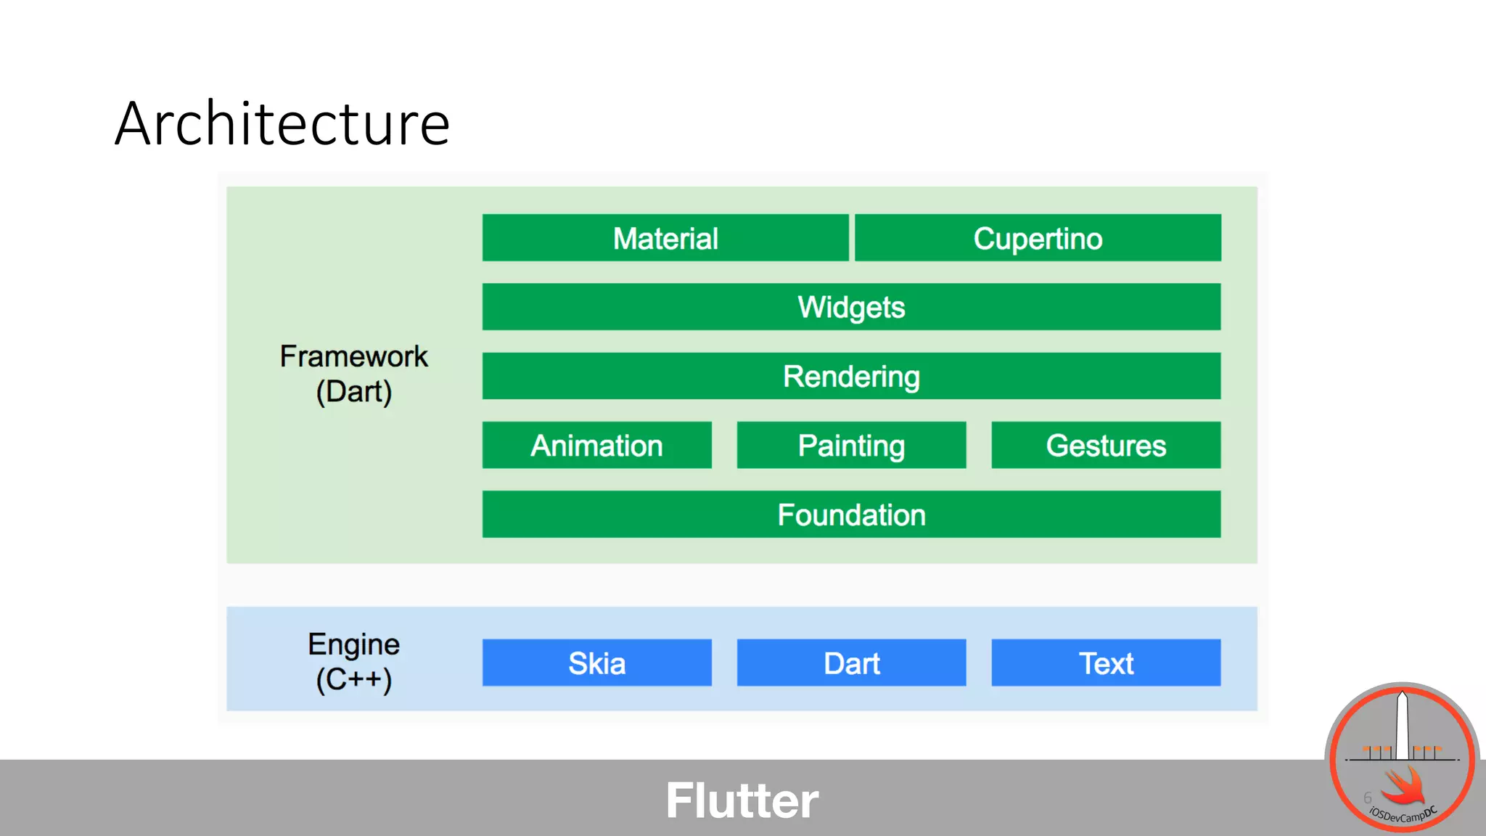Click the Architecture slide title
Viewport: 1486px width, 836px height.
pyautogui.click(x=282, y=124)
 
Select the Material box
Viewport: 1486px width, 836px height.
pyautogui.click(x=665, y=238)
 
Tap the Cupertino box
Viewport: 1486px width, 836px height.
pyautogui.click(x=1038, y=238)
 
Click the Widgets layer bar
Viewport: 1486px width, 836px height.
pyautogui.click(x=851, y=307)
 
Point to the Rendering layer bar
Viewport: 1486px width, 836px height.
pyautogui.click(x=851, y=376)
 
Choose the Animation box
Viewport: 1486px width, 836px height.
pyautogui.click(x=596, y=445)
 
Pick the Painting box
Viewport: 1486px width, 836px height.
pyautogui.click(x=851, y=445)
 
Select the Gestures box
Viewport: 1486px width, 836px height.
pyautogui.click(x=1106, y=445)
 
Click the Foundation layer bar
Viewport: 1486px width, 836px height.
pyautogui.click(x=851, y=515)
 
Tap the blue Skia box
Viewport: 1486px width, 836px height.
pyautogui.click(x=596, y=663)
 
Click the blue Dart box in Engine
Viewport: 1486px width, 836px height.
pyautogui.click(x=851, y=663)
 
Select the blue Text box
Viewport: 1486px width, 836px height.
pyautogui.click(x=1106, y=663)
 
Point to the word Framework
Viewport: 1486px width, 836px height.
pyautogui.click(x=353, y=356)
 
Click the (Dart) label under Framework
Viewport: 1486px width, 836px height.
pyautogui.click(x=353, y=392)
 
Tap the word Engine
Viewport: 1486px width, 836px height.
pyautogui.click(x=353, y=644)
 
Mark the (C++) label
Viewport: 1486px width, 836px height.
pyautogui.click(x=353, y=680)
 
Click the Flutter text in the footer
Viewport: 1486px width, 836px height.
pyautogui.click(x=742, y=800)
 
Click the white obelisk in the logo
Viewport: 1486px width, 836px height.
pyautogui.click(x=1403, y=726)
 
